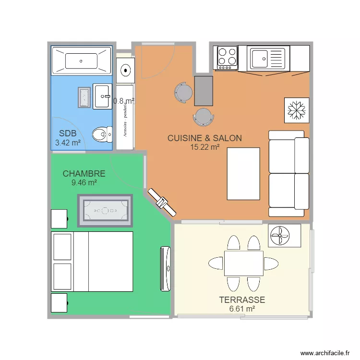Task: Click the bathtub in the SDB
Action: pos(82,61)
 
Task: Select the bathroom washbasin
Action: pos(102,96)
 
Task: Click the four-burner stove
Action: pos(227,57)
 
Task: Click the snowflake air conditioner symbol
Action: pos(296,109)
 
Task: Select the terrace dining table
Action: pos(243,263)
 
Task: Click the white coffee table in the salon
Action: pos(243,173)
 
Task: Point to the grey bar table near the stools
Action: pos(204,91)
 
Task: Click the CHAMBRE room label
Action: pos(84,174)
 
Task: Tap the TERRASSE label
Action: pos(242,300)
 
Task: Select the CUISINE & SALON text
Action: pos(204,138)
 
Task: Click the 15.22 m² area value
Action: pos(205,147)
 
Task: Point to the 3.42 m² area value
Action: pos(68,143)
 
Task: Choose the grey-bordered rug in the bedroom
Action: pos(105,211)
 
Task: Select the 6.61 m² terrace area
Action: pos(242,309)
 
